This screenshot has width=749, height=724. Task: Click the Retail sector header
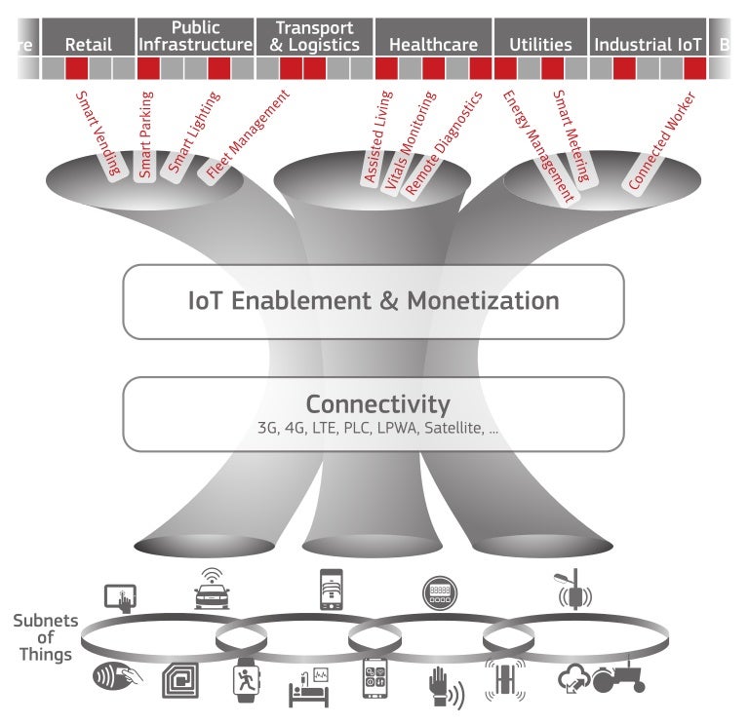click(x=89, y=45)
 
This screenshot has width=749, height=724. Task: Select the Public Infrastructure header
click(x=195, y=36)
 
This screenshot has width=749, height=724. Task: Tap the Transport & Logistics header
click(x=314, y=36)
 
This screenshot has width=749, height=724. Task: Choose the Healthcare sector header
click(x=433, y=45)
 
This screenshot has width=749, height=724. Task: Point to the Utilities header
click(x=540, y=45)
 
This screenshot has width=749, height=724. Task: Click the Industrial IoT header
click(x=648, y=45)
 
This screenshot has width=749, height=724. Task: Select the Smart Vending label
click(x=99, y=133)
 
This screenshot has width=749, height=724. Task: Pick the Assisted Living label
click(x=377, y=137)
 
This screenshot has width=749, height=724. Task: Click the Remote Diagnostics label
click(x=444, y=144)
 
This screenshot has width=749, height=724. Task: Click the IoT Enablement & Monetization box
click(x=373, y=301)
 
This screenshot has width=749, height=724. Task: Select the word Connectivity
click(x=377, y=403)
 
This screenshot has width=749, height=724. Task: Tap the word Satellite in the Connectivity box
click(x=455, y=429)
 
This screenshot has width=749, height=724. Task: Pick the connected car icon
click(x=212, y=588)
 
